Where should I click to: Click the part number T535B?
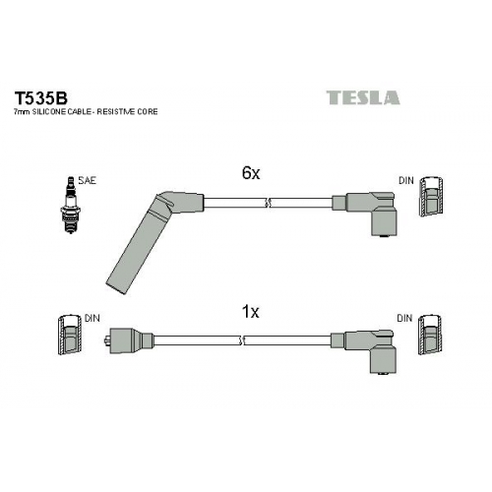click(x=40, y=97)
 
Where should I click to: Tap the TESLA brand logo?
click(x=363, y=97)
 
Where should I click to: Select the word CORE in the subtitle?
click(x=148, y=112)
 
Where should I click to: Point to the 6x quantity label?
click(x=251, y=173)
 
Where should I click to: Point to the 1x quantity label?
click(x=250, y=312)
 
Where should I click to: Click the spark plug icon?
click(x=71, y=205)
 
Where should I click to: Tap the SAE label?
click(x=88, y=180)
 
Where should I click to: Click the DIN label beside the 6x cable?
click(x=406, y=180)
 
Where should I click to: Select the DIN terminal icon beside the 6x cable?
click(x=432, y=197)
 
